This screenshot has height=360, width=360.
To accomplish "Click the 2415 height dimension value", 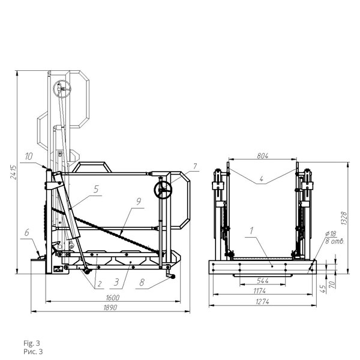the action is [14, 172].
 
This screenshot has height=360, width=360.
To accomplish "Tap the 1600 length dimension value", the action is [113, 298].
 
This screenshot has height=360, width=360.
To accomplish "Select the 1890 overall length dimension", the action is [110, 308].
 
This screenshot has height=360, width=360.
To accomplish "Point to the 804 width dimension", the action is [262, 156].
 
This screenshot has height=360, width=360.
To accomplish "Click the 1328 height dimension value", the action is [344, 218].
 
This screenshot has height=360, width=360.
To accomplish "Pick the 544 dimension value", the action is [263, 281].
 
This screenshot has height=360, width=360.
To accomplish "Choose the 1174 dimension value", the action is [260, 291].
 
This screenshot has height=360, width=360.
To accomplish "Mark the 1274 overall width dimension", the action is [262, 302].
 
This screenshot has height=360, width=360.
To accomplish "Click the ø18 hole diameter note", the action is [331, 234].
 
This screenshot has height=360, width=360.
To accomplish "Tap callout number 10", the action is [29, 157].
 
